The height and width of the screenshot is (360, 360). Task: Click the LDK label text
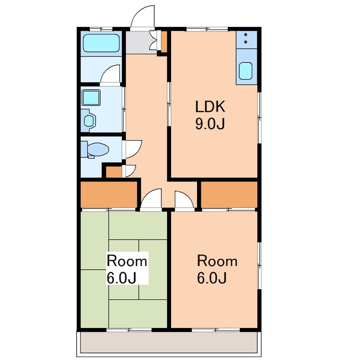pos(210,106)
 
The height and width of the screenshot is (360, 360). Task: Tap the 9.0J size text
pos(210,124)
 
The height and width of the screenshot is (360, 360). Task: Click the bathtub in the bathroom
pos(101,43)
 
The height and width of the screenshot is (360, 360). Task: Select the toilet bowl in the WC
pos(98,150)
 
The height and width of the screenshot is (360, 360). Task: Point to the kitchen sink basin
pos(245,71)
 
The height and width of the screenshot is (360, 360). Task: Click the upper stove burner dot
pos(246,35)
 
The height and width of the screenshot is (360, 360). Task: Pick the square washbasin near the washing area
pos(91,98)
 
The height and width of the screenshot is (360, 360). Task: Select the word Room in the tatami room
pos(127,261)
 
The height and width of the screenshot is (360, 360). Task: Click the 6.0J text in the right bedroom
pos(212,278)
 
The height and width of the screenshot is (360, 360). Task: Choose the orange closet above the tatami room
pos(108,194)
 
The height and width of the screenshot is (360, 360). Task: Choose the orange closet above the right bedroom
pos(229,194)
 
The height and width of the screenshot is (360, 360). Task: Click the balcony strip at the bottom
pos(169,342)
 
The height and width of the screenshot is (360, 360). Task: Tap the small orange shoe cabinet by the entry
pos(164,41)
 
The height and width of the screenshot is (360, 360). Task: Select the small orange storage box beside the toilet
pos(114,172)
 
